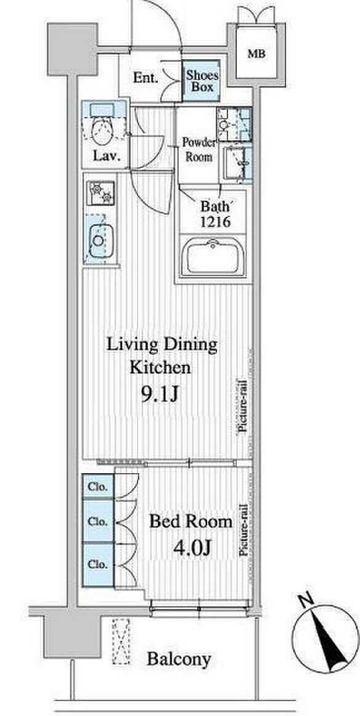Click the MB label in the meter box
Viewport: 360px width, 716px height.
[256, 54]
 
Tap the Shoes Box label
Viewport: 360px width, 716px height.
[202, 81]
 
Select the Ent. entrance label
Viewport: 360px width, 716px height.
[145, 78]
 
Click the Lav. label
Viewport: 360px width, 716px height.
[107, 157]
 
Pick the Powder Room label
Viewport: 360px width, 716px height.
[199, 149]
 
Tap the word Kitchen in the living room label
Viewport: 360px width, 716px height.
[160, 367]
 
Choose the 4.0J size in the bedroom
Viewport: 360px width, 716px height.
[192, 547]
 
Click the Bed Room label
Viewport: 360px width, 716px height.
[191, 521]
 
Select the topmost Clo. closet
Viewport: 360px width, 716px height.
[98, 487]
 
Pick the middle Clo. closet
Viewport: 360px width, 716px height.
[98, 521]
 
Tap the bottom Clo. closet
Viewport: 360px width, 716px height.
[98, 564]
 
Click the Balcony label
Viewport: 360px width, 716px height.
[179, 659]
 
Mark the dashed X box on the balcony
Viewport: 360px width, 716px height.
[121, 641]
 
